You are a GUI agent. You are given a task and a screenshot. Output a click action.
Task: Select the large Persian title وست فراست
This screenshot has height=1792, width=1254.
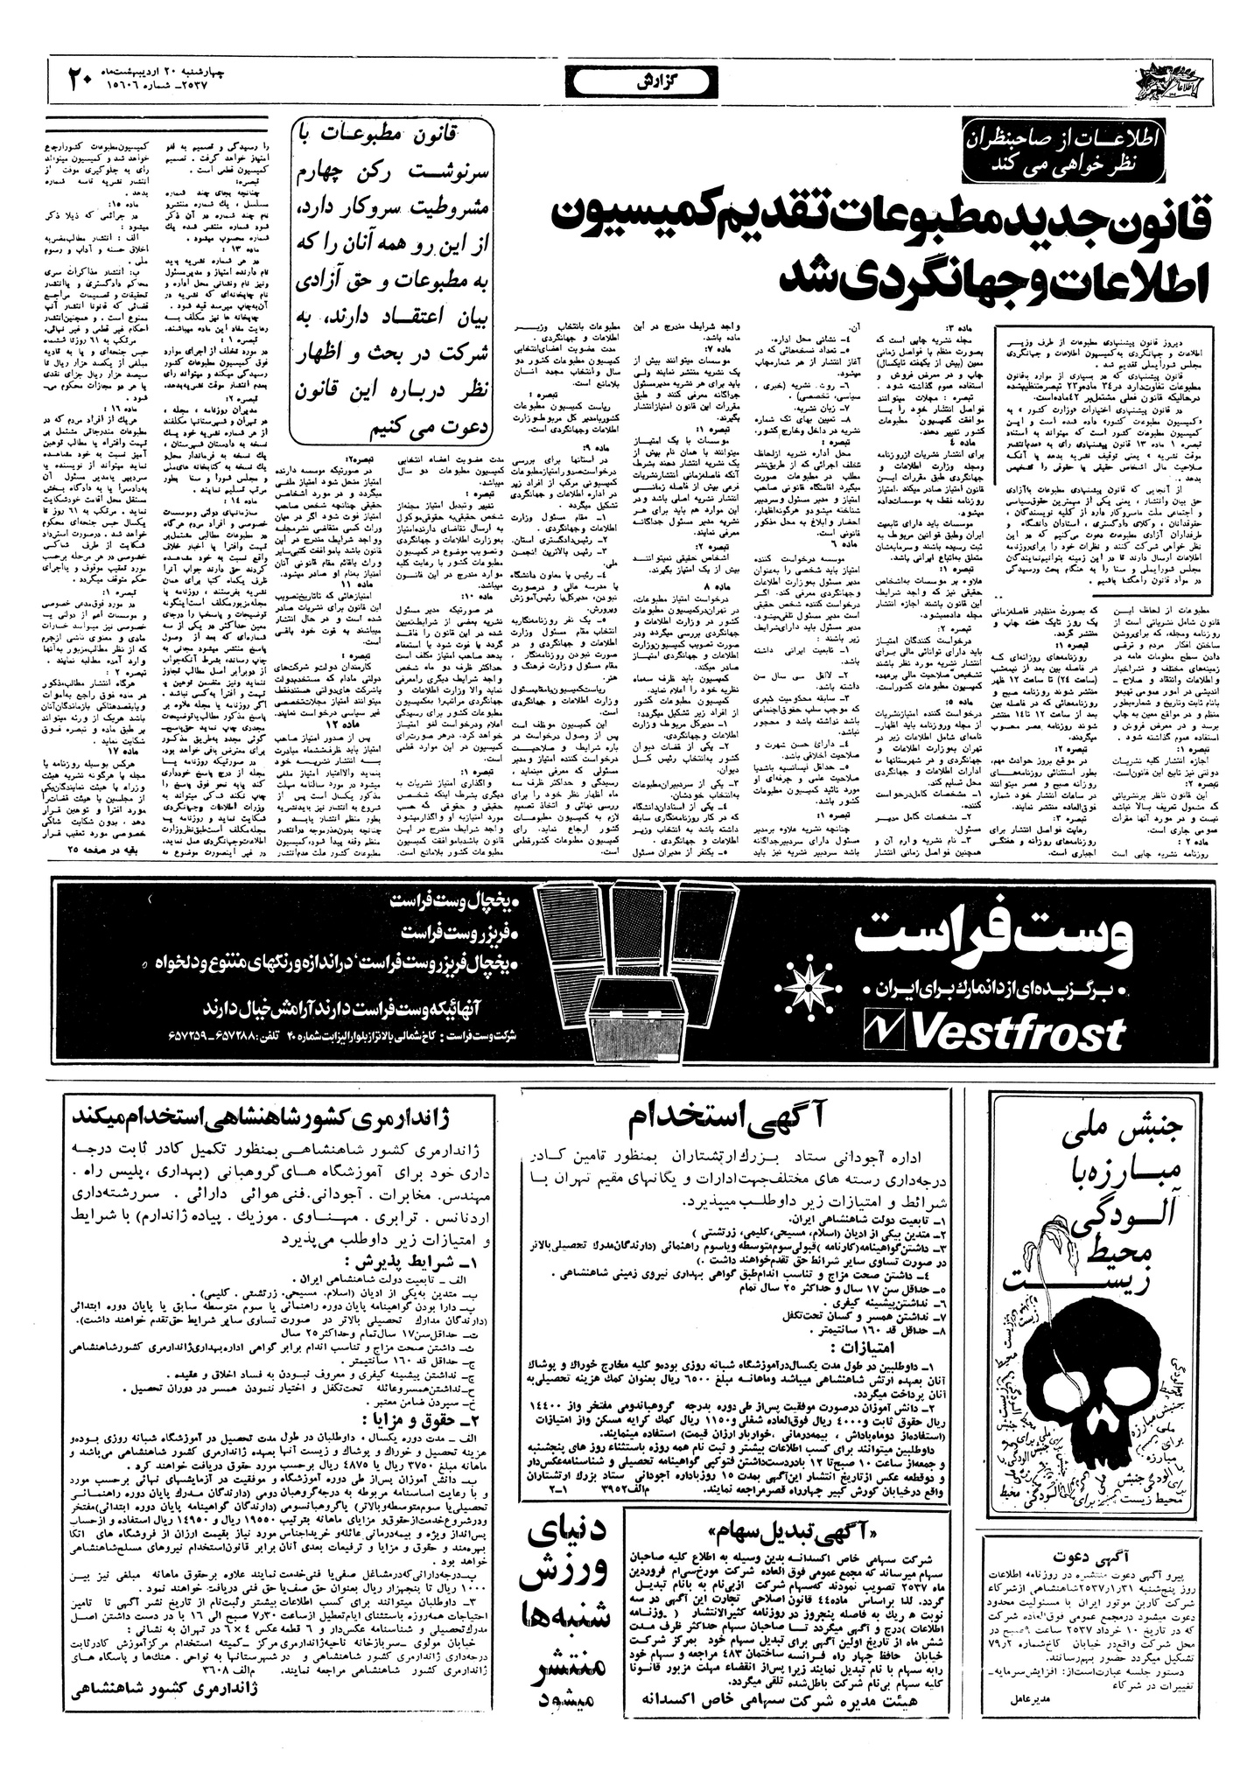coord(996,939)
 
